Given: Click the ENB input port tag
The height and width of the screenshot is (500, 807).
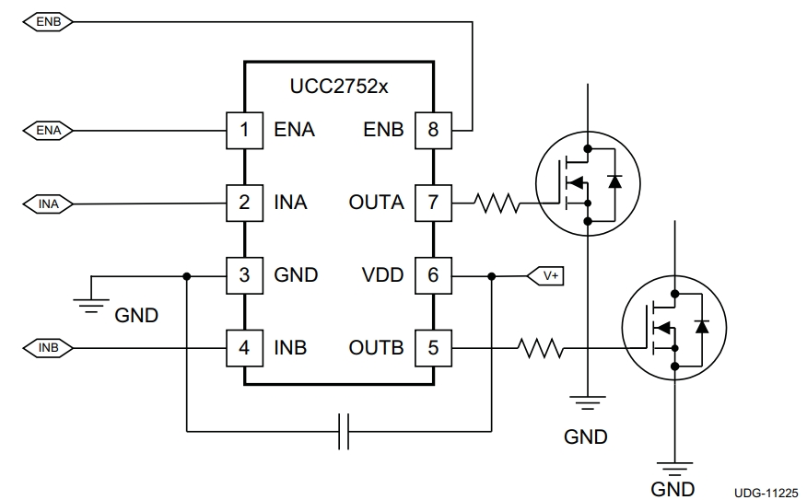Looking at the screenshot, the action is coord(48,22).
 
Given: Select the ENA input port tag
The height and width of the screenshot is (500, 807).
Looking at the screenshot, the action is coord(48,131).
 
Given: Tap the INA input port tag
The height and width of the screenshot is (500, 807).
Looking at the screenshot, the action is coord(48,204).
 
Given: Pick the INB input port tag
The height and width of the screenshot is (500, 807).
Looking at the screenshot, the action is coord(48,348).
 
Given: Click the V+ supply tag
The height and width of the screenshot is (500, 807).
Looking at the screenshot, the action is coord(545,276).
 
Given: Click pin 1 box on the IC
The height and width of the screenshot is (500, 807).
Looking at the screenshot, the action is coord(244,131).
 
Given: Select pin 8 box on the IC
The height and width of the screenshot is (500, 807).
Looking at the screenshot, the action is coord(433,131).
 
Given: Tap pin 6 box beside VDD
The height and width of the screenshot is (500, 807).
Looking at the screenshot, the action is coord(433,275).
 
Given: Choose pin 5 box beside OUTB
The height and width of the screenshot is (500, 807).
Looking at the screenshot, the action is coord(433,348).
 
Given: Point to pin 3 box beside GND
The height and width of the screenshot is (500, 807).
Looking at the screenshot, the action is coord(244,275).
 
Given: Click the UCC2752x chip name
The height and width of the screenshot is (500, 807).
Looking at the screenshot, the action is coord(339,87).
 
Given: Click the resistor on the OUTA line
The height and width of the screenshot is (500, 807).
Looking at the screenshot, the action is coord(497,203).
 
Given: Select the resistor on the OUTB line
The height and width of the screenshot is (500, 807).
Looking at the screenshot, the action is coord(540,348).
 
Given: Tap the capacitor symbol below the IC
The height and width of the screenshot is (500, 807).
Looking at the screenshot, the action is coord(344,431).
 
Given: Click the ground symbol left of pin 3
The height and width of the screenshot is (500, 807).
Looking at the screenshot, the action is coord(91,304).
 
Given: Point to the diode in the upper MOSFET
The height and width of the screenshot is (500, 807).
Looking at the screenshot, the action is coord(614,181).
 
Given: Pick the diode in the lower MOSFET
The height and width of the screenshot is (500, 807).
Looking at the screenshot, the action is coord(701,327).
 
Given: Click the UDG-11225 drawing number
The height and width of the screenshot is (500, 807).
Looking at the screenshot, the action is coord(766,493).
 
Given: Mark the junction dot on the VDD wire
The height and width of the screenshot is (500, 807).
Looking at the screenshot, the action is coord(492,276).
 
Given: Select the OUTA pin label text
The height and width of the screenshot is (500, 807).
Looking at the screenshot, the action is coord(376,203).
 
